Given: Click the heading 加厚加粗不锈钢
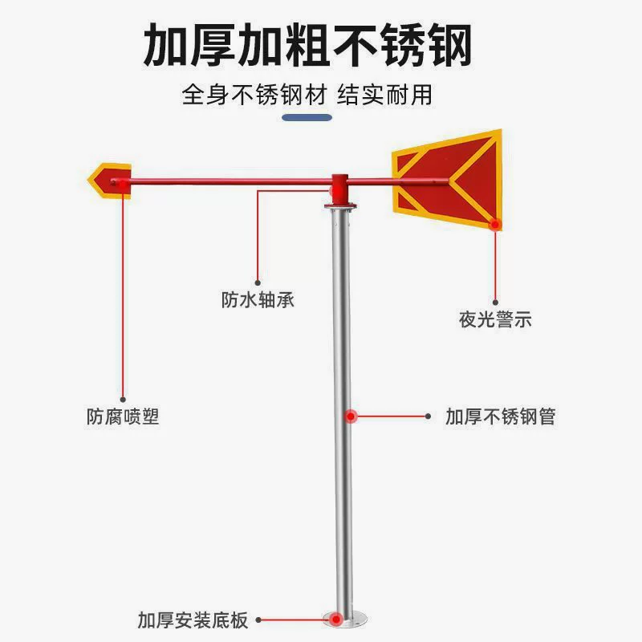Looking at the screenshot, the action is pyautogui.click(x=307, y=45).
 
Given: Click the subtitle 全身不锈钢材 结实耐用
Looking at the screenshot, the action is pyautogui.click(x=307, y=95).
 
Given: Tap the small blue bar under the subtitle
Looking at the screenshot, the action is pyautogui.click(x=308, y=117).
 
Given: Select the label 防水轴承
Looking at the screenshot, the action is pyautogui.click(x=258, y=299).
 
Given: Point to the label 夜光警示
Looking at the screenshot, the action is pyautogui.click(x=495, y=319).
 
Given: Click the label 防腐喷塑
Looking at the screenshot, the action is pyautogui.click(x=123, y=417).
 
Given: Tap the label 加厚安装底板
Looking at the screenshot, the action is pyautogui.click(x=193, y=620).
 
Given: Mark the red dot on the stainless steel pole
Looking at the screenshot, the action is pyautogui.click(x=351, y=416).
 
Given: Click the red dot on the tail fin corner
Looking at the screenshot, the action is pyautogui.click(x=496, y=225).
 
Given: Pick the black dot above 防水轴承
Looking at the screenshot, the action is pyautogui.click(x=257, y=282).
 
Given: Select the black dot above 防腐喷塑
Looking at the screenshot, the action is pyautogui.click(x=123, y=398).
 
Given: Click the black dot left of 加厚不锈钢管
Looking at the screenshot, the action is pyautogui.click(x=429, y=416).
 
